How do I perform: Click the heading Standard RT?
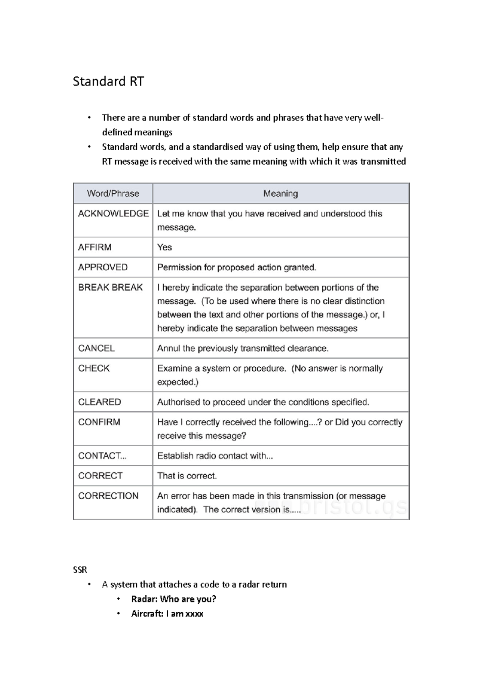tap(108, 82)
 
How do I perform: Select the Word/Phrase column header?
tap(113, 194)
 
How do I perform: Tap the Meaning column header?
tap(280, 194)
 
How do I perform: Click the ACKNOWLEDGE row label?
tap(113, 214)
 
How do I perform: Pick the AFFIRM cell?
tap(95, 247)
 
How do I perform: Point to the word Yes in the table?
tap(165, 247)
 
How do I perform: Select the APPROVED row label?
tap(103, 267)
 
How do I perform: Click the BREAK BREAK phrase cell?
tap(110, 288)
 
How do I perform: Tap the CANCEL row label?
tap(96, 348)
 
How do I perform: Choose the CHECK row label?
tap(94, 368)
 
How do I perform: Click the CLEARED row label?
tap(100, 402)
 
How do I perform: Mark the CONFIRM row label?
tap(99, 422)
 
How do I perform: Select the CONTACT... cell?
tap(102, 456)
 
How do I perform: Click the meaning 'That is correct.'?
tap(187, 476)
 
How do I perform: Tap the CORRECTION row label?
tap(108, 496)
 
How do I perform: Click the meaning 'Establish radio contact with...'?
tap(215, 456)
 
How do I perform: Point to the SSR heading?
tap(80, 570)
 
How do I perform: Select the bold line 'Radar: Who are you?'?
tap(174, 599)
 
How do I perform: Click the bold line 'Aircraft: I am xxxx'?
tap(167, 614)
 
